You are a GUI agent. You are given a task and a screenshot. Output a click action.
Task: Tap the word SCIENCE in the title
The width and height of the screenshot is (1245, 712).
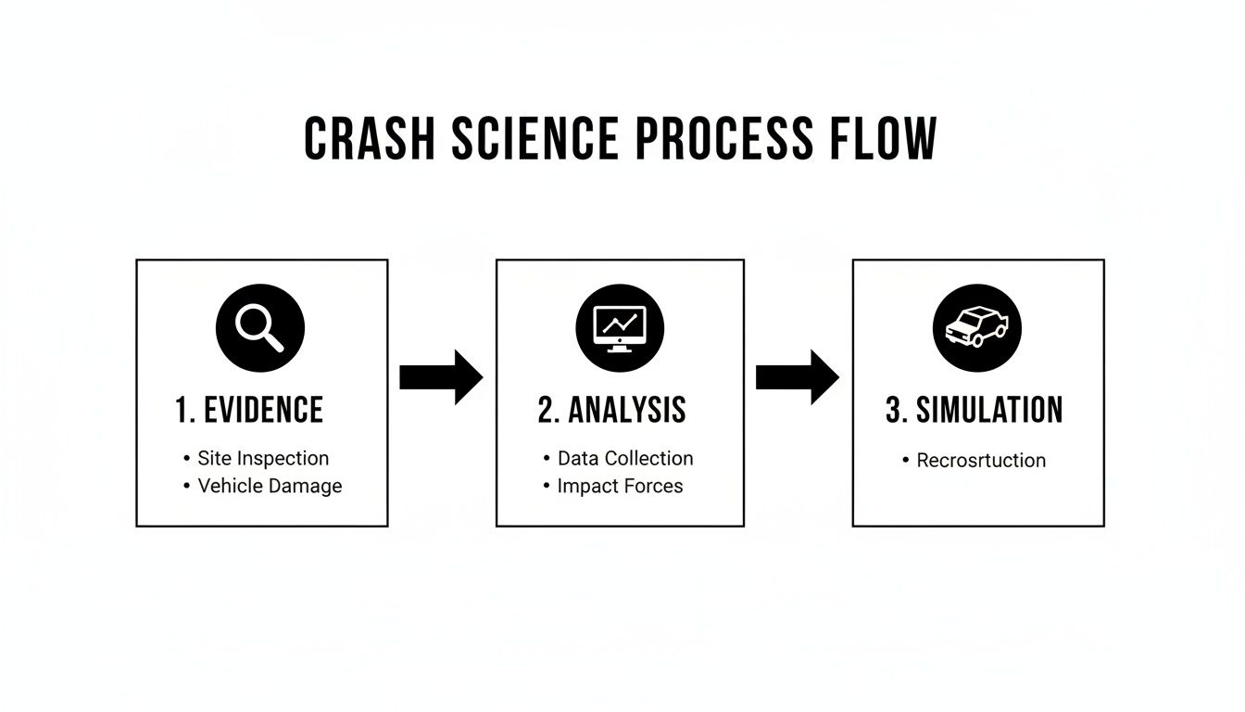(x=535, y=140)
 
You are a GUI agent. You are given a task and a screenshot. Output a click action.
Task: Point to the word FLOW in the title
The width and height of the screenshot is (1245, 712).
(x=879, y=140)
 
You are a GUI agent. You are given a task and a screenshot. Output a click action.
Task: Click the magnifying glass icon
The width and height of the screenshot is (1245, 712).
(x=260, y=328)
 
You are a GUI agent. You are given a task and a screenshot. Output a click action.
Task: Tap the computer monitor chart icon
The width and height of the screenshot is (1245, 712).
(x=620, y=328)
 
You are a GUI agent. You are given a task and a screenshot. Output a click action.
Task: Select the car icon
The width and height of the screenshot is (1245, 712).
(x=976, y=328)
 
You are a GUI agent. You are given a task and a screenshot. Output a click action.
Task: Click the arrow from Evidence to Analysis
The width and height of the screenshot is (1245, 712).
(x=441, y=377)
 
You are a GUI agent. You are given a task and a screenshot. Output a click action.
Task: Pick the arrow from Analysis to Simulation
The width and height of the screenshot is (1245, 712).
(x=798, y=377)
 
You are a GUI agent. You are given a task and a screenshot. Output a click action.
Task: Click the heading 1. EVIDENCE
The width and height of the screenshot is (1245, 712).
(x=249, y=411)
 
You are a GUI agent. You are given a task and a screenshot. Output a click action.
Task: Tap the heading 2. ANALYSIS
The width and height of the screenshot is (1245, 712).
(x=611, y=411)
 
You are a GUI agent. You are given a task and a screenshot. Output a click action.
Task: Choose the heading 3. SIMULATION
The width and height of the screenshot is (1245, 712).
(x=974, y=411)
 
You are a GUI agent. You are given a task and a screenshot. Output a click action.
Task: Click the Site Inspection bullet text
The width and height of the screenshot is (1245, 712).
(x=263, y=458)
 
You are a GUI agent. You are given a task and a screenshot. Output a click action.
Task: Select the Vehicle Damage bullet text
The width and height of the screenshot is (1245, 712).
(x=270, y=486)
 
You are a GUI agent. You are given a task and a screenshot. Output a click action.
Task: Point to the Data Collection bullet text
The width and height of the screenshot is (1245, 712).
(x=625, y=458)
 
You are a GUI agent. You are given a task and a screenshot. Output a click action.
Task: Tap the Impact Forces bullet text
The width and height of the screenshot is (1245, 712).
(x=620, y=486)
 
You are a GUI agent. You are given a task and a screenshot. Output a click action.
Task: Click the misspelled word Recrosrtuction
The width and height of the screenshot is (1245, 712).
(x=981, y=461)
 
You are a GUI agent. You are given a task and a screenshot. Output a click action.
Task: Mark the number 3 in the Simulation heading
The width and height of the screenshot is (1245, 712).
(x=894, y=411)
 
